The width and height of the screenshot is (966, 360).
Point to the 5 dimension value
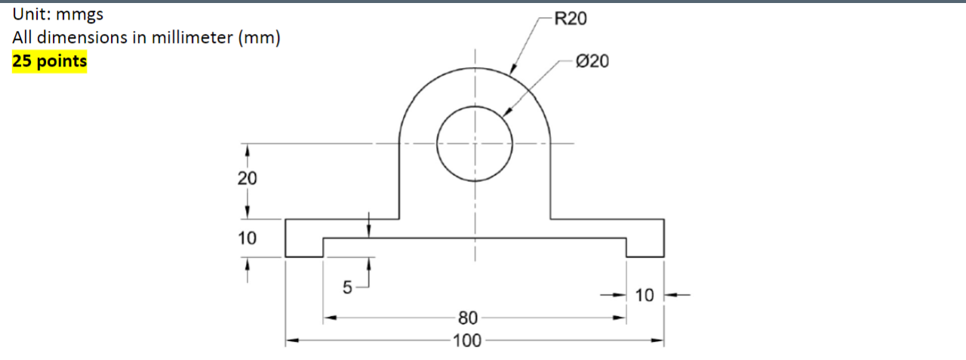tap(347, 288)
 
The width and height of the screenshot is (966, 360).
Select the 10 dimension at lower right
tap(645, 295)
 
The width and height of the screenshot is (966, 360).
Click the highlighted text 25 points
tap(50, 61)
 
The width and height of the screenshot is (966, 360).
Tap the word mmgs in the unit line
tap(79, 14)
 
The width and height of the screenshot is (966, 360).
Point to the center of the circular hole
tap(475, 143)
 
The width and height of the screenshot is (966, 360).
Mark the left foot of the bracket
tap(304, 247)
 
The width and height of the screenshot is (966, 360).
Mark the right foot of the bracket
tap(645, 247)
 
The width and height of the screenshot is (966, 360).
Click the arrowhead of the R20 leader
tap(512, 72)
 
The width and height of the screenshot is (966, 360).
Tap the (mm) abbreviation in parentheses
tap(260, 38)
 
